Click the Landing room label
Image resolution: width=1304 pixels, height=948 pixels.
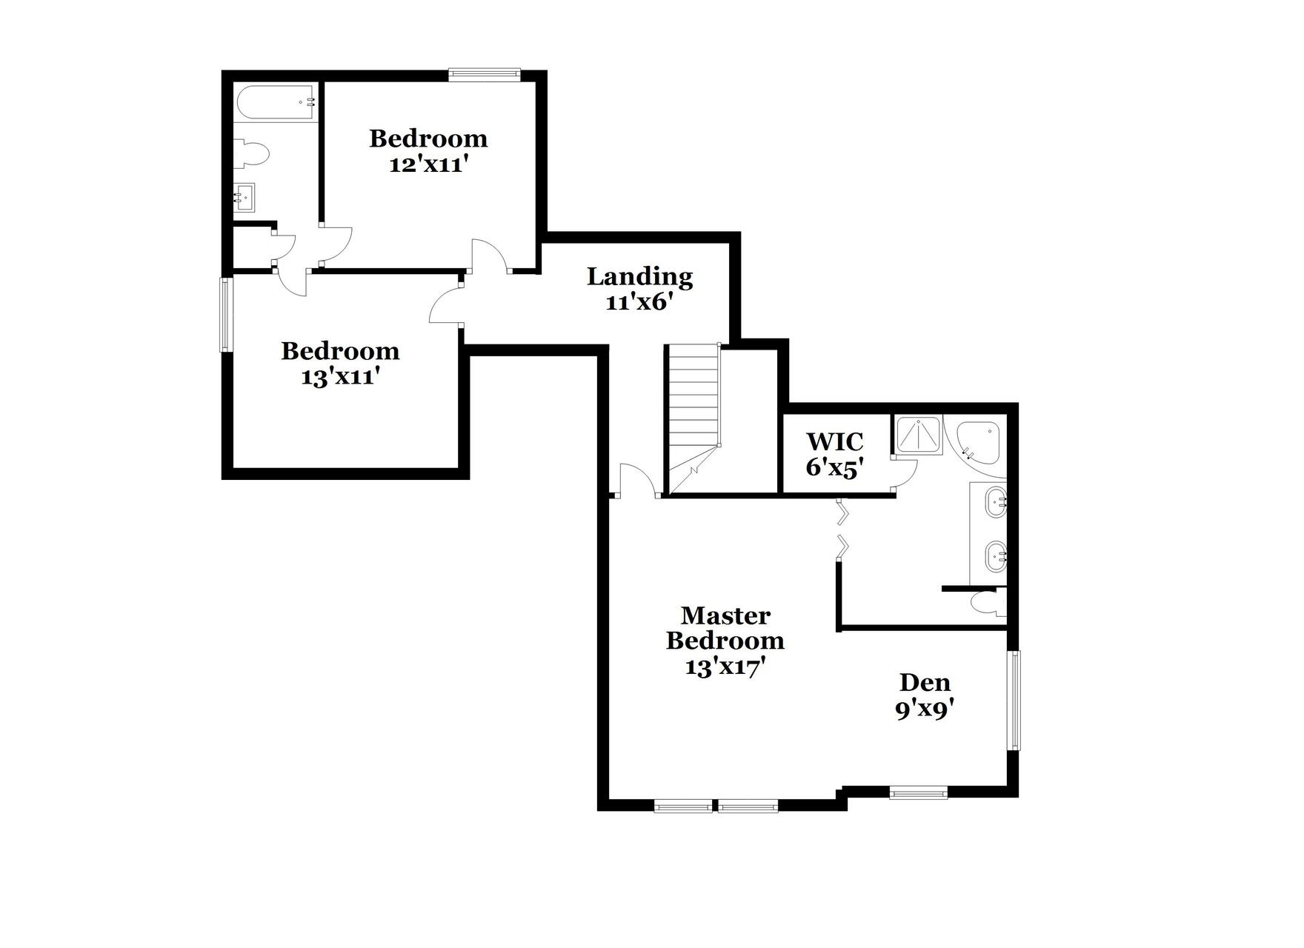coord(639,276)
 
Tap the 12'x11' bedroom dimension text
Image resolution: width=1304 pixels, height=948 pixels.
coord(428,164)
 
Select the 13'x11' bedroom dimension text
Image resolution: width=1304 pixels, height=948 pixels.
coord(340,377)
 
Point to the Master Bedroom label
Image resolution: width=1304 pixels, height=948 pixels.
coord(725,627)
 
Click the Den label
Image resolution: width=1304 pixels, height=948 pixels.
coord(925,682)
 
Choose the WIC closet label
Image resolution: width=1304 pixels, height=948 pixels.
coord(834,441)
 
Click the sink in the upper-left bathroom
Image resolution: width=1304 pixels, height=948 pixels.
coord(244,198)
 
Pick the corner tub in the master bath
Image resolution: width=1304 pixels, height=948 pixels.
coord(978,441)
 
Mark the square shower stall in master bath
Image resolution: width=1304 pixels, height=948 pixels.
coord(919,435)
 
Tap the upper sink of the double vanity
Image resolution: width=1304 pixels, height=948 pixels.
coord(995,503)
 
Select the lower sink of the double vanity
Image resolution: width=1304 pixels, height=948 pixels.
coord(995,555)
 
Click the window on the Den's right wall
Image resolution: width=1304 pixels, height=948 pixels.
coord(1013,700)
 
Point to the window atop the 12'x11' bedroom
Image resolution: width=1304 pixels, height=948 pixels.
coord(485,74)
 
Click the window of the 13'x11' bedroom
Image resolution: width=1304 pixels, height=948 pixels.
coord(225,314)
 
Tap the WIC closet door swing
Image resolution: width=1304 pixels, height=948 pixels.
coord(906,474)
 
